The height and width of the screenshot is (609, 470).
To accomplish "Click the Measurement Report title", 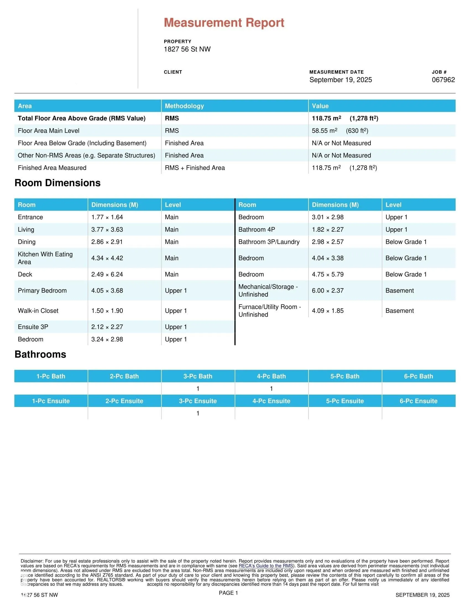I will click(x=224, y=23).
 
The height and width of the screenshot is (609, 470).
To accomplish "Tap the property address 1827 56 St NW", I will click(x=187, y=49).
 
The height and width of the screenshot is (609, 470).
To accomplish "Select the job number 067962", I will click(x=443, y=80).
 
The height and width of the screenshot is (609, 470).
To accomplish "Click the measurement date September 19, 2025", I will click(x=341, y=80).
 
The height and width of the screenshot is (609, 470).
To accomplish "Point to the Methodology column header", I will click(x=184, y=106).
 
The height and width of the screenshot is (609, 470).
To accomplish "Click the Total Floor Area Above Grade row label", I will click(x=82, y=118).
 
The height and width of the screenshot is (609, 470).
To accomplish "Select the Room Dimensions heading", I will click(x=57, y=183).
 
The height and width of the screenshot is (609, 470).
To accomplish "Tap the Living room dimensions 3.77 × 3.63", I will click(x=107, y=229).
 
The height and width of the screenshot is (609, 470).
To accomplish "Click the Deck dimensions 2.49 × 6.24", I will click(x=107, y=274).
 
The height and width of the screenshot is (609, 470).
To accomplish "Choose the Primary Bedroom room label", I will click(x=42, y=291).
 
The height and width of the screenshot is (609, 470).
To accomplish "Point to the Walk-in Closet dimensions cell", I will click(x=107, y=311).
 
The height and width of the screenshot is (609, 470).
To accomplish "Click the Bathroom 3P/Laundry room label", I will click(x=269, y=242).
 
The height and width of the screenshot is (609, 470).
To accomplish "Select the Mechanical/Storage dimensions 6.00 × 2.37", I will click(x=327, y=291).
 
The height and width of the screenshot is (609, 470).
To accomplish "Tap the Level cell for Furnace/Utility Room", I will click(x=399, y=311).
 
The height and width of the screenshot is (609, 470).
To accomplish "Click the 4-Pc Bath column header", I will click(x=271, y=376).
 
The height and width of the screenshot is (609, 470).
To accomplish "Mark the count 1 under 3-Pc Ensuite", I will click(x=198, y=413).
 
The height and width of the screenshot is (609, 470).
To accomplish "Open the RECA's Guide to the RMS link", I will click(x=266, y=566).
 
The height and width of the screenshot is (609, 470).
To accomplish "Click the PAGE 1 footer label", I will click(x=228, y=593).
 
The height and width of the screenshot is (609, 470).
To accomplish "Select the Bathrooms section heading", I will click(x=40, y=354).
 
